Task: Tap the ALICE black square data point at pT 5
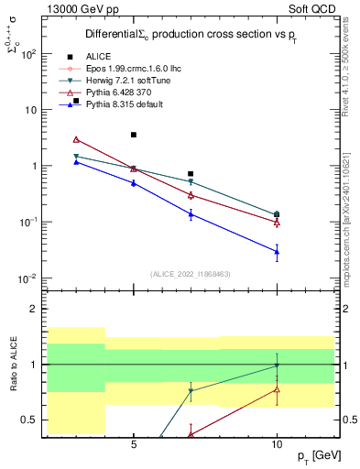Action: coord(134,135)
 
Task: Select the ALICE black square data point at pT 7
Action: coord(191,173)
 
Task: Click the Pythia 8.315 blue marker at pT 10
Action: coord(277,251)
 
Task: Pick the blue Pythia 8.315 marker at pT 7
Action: coord(191,214)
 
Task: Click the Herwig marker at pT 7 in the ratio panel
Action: coord(191,391)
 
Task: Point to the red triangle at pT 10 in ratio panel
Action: coord(277,389)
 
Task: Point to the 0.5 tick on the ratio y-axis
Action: coord(29,420)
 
